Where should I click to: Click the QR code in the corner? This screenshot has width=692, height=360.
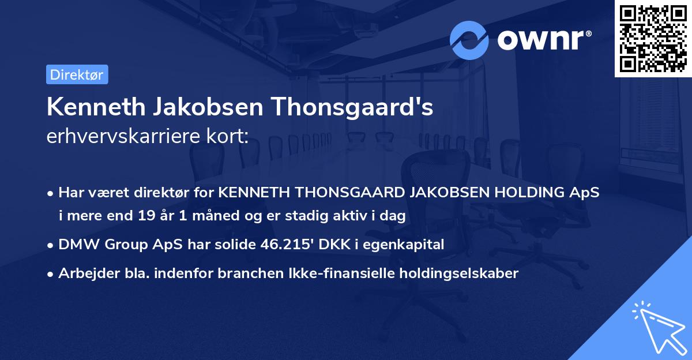[x=653, y=38]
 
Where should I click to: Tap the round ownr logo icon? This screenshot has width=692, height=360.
[x=469, y=40]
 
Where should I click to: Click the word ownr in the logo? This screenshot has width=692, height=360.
[x=543, y=40]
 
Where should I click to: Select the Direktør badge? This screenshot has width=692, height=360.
[x=77, y=74]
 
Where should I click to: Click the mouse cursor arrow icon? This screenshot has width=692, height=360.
[x=658, y=327]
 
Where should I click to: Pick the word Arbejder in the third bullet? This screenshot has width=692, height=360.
[x=84, y=273]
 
